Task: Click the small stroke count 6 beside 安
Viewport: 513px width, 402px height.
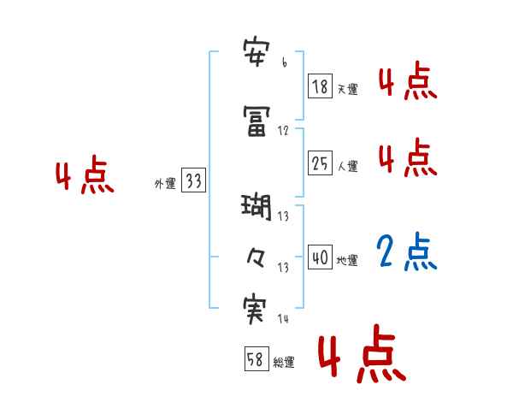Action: [x=284, y=64]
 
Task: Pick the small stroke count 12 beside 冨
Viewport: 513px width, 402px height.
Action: [x=284, y=131]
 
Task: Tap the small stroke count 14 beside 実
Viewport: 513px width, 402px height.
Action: [x=284, y=319]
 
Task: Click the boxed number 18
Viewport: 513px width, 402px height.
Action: [x=319, y=86]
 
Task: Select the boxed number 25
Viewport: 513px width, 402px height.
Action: [x=319, y=163]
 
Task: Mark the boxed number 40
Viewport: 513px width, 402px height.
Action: [x=319, y=257]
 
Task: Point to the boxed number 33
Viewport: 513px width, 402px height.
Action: [x=193, y=180]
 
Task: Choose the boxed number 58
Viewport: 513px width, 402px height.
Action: [x=256, y=359]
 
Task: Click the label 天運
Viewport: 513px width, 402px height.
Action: [x=347, y=89]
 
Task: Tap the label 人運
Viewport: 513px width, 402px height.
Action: [x=347, y=167]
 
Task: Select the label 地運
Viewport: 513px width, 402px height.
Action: [x=347, y=261]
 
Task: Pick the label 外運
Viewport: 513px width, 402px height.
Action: [x=164, y=184]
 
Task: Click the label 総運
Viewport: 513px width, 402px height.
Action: [x=284, y=363]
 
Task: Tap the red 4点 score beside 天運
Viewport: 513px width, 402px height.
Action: [x=408, y=82]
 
